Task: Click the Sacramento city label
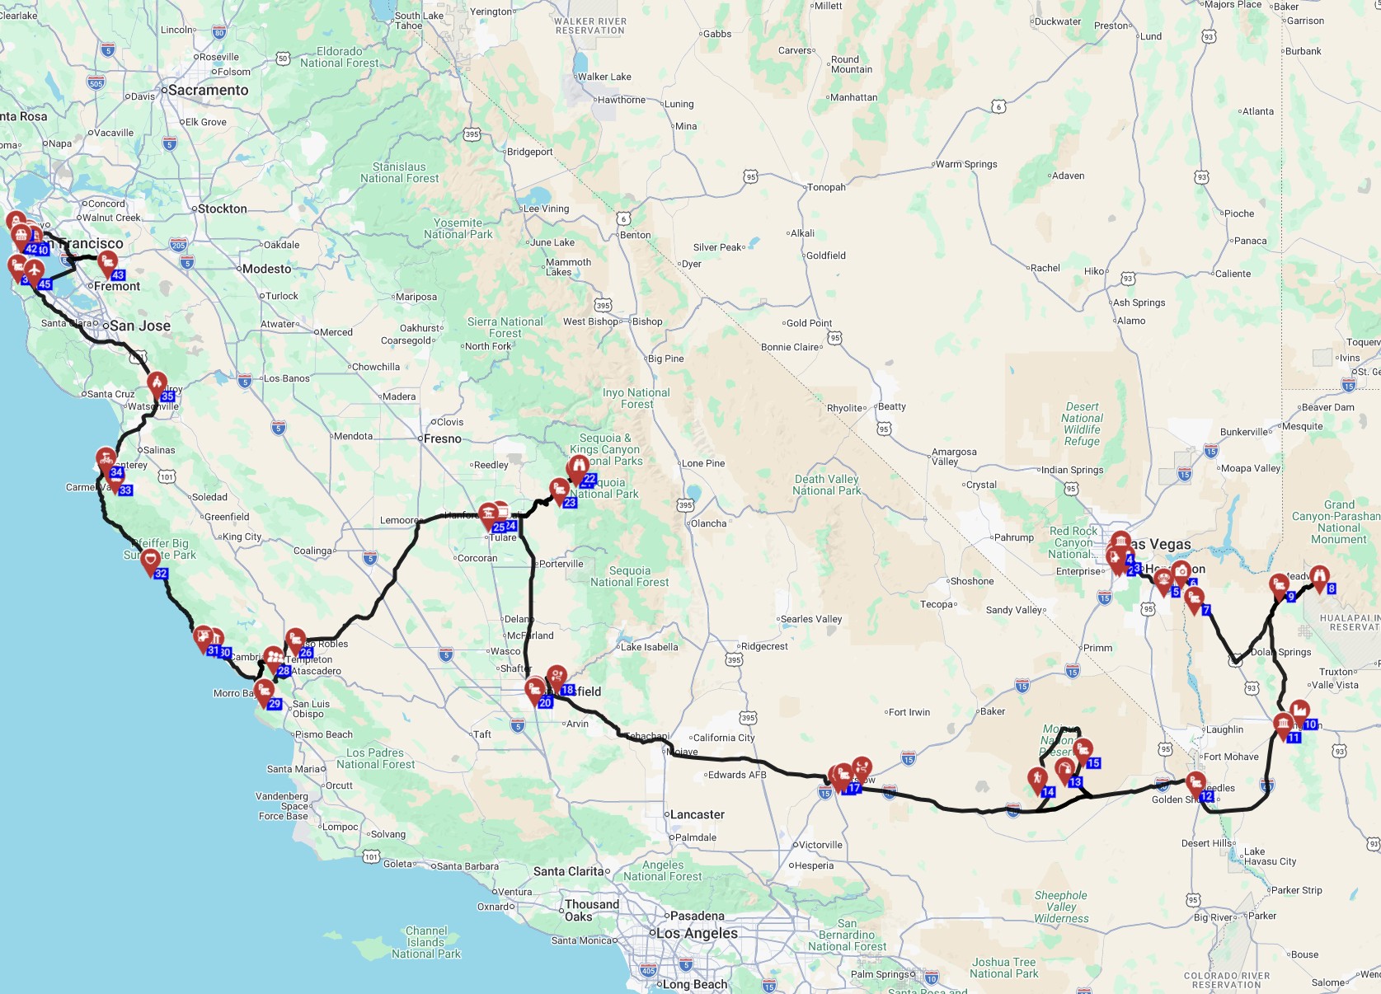click(208, 91)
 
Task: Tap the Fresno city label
click(442, 438)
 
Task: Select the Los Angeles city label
click(697, 933)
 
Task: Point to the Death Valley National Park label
click(826, 485)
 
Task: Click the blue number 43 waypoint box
click(118, 275)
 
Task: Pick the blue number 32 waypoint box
click(161, 574)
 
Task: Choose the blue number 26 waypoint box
click(306, 653)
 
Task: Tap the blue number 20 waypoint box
click(545, 703)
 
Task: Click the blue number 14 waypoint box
click(1048, 792)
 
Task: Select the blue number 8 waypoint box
click(1331, 588)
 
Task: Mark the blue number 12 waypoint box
click(1206, 797)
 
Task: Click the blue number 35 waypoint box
click(167, 396)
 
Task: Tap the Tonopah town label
click(826, 187)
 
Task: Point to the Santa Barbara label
click(467, 866)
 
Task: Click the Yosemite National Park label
click(458, 228)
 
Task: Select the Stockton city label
click(222, 209)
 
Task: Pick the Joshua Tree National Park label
click(1003, 968)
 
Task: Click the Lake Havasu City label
click(1270, 856)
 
